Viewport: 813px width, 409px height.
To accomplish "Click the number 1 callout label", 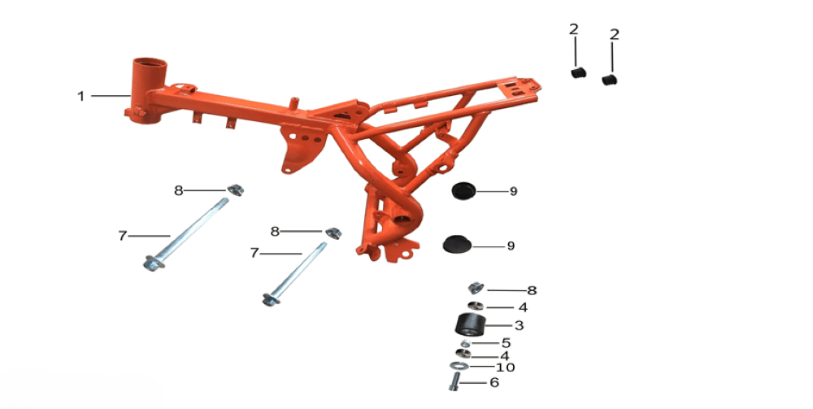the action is point(80,96).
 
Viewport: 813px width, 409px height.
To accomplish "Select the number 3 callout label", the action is point(519,325).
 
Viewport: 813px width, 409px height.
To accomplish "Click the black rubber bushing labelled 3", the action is point(472,325).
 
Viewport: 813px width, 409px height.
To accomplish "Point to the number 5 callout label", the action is point(506,342).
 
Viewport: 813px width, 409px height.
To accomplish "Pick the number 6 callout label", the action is point(494,382).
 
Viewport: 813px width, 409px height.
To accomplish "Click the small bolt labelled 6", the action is point(454,381).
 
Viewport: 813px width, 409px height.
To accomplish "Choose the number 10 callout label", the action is point(506,368).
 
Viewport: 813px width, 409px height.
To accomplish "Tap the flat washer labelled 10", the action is point(459,367).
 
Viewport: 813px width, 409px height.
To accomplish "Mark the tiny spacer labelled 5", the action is point(465,344).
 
